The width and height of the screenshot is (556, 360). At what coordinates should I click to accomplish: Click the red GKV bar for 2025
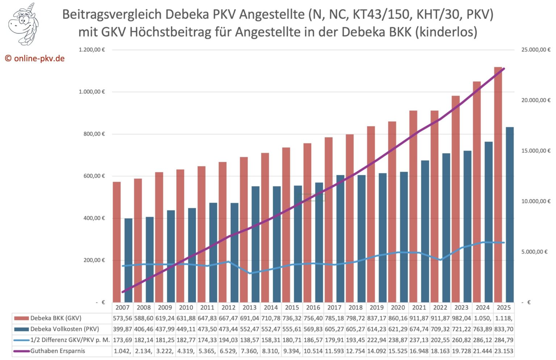pos(498,185)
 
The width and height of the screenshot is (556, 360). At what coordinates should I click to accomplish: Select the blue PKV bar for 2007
pos(129,260)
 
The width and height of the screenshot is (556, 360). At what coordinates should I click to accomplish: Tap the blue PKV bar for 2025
pos(510,214)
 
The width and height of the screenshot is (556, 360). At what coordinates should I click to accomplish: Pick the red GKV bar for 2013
pos(244,230)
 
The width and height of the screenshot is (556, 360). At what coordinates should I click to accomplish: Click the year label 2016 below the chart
pos(313,307)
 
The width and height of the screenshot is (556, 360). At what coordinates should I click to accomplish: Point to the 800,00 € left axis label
pos(92,134)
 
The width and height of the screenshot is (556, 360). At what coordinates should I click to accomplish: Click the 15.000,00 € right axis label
pos(535,151)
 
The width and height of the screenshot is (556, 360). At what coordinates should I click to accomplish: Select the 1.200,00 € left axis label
pos(92,50)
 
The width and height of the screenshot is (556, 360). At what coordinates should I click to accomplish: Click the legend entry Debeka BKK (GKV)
pos(56,318)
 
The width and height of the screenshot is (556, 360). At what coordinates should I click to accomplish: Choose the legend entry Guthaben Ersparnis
pos(58,351)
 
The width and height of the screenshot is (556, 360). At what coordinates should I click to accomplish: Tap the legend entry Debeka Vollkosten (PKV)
pos(64,329)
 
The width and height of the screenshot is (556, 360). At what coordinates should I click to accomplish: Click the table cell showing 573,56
pos(122,318)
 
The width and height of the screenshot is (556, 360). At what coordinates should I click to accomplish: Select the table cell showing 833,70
pos(504,329)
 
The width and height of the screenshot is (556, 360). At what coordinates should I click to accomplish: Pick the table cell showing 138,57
pos(249,340)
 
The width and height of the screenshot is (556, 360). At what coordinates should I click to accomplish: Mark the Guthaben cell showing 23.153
pos(504,351)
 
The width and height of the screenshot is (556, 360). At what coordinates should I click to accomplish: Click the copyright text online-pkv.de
pos(35,58)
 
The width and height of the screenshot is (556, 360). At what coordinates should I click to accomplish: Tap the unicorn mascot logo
pos(24,24)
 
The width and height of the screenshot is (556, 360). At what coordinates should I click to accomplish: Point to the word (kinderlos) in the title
pos(446,32)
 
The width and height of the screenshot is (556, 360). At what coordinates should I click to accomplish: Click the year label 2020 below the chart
pos(398,307)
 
